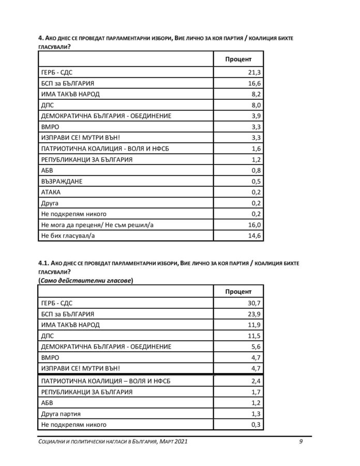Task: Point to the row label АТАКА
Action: coord(50,192)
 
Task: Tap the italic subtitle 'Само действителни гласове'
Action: coord(85,280)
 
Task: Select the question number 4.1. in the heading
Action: coord(46,263)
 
